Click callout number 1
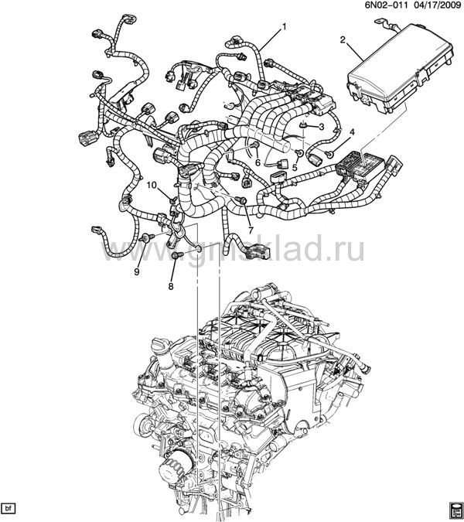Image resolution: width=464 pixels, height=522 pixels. (x=285, y=26)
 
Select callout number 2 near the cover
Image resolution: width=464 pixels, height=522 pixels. (x=343, y=40)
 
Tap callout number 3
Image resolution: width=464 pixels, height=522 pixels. (x=321, y=127)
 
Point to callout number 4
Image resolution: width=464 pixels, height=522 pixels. (x=352, y=132)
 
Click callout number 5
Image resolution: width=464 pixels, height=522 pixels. (x=295, y=168)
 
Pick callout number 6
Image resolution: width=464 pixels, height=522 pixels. (x=258, y=163)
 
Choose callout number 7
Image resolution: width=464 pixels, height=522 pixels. (x=251, y=230)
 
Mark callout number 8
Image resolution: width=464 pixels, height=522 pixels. (x=171, y=286)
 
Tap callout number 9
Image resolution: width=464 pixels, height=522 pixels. (x=136, y=271)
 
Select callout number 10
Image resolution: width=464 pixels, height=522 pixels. (x=152, y=185)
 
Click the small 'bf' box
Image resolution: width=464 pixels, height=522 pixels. (x=9, y=508)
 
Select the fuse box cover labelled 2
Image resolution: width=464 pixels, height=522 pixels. (x=397, y=69)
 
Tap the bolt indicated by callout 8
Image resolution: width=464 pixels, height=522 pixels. (x=177, y=255)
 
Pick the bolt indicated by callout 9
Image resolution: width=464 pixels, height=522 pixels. (x=147, y=237)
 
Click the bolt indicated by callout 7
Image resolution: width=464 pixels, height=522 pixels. (x=241, y=200)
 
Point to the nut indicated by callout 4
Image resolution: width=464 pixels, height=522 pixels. (x=329, y=153)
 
